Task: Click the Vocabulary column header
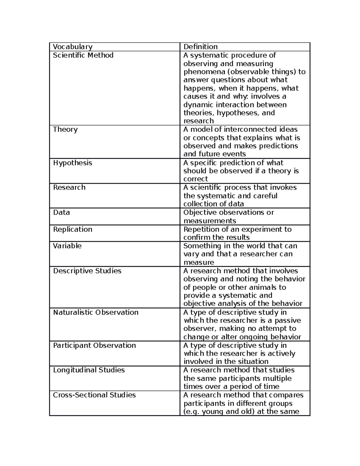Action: coord(73,47)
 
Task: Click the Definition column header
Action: coord(200,47)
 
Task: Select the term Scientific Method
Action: coord(83,55)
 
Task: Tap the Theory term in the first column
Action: coord(65,129)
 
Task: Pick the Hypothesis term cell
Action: coord(73,163)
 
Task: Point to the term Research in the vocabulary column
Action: coord(69,188)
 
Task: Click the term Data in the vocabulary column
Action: coord(61,212)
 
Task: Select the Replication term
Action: coord(73,229)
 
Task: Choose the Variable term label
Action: coord(67,246)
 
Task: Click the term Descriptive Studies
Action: coord(87,271)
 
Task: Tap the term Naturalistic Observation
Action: coord(96,312)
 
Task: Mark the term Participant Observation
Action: coord(94,345)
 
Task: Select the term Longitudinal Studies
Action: coord(89,370)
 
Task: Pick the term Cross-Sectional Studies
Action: coord(94,395)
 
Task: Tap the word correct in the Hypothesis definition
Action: coord(196,179)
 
